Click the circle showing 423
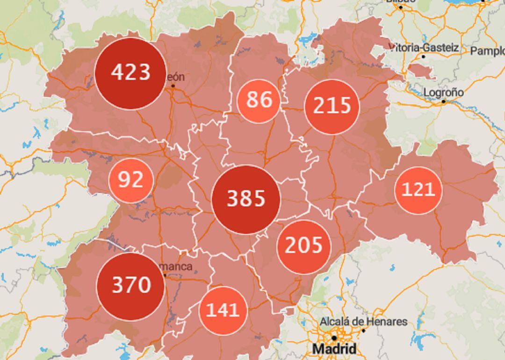pos(130,73)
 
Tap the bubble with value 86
pos(259,100)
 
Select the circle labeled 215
pos(332,106)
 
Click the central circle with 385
pos(246,199)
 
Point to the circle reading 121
pos(418,190)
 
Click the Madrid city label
pos(334,349)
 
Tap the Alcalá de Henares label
pos(363,322)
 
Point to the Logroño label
pos(443,92)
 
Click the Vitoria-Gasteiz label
pos(424,48)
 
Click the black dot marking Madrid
pos(334,338)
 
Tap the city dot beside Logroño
pos(444,101)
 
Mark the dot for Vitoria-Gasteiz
pos(424,57)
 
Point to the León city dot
pos(173,86)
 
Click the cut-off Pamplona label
pos(487,50)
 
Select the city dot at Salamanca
pos(165,275)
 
